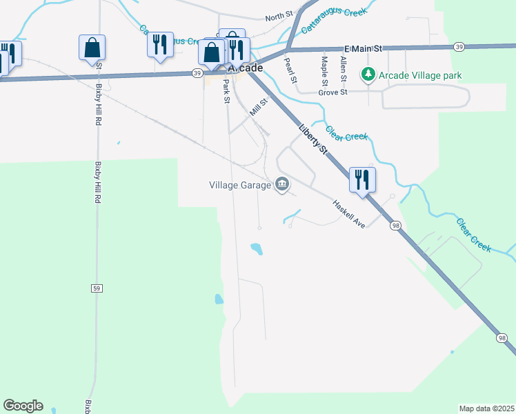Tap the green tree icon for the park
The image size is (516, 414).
369,75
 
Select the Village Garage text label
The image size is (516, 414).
241,184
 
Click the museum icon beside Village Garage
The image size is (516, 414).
282,184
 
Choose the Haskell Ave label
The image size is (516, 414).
348,215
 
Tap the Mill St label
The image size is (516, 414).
259,107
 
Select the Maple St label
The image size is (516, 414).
324,69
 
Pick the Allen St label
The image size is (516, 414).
343,70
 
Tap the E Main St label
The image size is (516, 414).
363,49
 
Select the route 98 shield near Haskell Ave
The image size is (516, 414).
395,226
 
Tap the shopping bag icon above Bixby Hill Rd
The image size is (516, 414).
92,48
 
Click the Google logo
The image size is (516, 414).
23,406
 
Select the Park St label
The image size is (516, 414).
226,91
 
